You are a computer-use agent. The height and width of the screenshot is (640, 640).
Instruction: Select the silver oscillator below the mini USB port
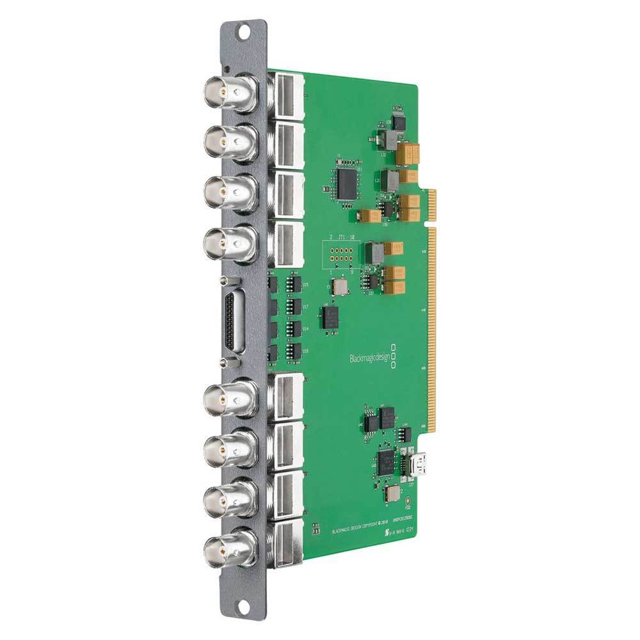[392, 493]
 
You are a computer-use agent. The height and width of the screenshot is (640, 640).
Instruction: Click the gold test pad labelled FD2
[408, 495]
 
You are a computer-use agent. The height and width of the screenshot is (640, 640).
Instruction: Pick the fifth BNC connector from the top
[227, 402]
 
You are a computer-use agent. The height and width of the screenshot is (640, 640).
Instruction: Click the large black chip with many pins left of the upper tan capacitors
[348, 182]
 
